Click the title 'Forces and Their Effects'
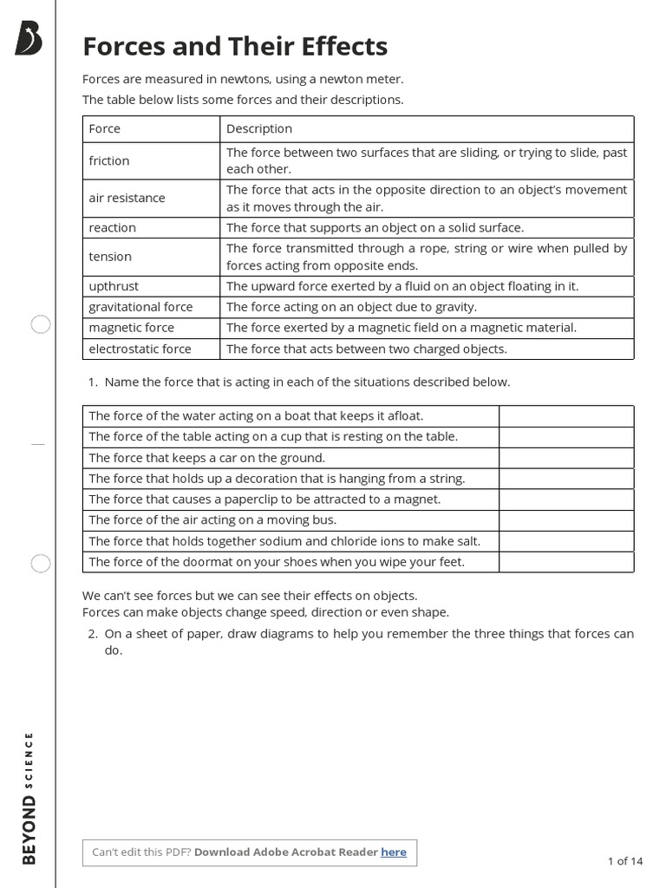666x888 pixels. [x=235, y=46]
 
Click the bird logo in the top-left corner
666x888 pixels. [x=28, y=38]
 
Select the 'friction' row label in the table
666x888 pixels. [x=109, y=160]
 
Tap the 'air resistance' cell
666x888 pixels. [x=127, y=198]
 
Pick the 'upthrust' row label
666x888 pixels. [x=114, y=286]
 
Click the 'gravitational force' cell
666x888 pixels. [x=140, y=307]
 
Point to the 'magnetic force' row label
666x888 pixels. [x=131, y=328]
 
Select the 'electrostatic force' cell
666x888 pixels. [x=140, y=349]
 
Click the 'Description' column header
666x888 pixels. [x=259, y=128]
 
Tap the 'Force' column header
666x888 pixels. [x=105, y=128]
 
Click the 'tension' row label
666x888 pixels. [x=110, y=257]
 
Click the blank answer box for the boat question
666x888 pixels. [x=565, y=416]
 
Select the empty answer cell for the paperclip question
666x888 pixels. [x=565, y=499]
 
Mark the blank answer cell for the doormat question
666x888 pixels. [x=565, y=562]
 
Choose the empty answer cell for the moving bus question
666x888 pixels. [x=565, y=520]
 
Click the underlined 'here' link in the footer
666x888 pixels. [x=394, y=852]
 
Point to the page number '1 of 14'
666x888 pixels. [x=625, y=861]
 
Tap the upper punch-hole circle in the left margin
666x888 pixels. [x=41, y=325]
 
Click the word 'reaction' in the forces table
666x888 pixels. [x=113, y=227]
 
